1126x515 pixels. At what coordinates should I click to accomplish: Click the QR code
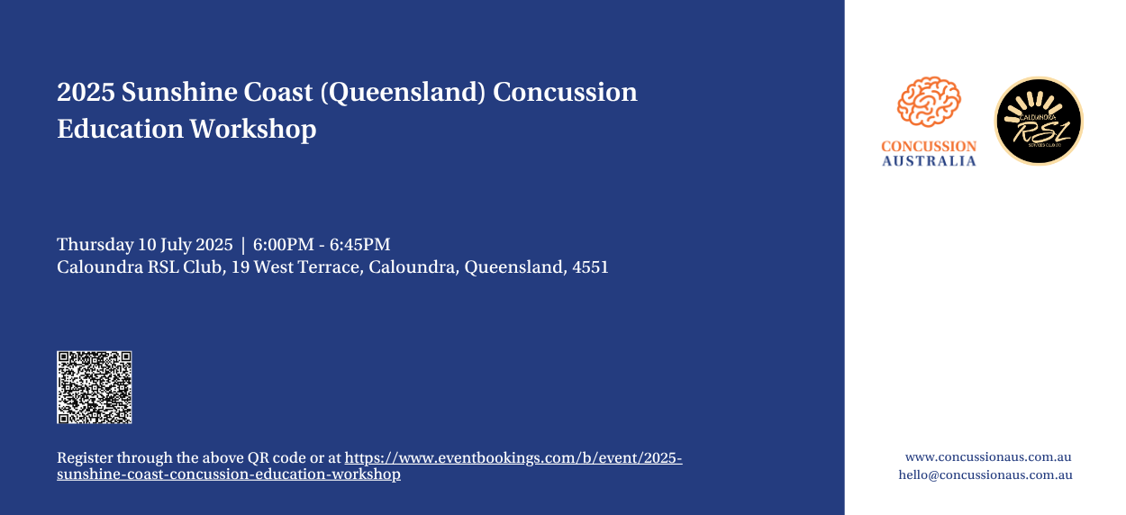pos(94,387)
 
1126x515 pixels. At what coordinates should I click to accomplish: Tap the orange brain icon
pos(929,102)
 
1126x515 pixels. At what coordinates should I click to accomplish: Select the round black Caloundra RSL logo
pos(1039,121)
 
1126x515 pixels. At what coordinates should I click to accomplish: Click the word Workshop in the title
pos(253,129)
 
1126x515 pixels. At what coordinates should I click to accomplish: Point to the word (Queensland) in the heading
pos(403,93)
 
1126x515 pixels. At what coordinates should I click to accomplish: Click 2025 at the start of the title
pos(86,92)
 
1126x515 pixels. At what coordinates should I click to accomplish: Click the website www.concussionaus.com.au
pos(988,457)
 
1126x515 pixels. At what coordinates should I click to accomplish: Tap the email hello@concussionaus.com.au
pos(985,474)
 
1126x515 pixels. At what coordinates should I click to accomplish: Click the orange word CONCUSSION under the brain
pos(929,146)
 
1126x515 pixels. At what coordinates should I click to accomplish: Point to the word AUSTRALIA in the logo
pos(929,161)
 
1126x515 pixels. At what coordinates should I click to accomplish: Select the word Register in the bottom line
pos(85,458)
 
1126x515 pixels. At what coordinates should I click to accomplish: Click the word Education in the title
pos(120,129)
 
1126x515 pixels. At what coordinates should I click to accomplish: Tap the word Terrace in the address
pos(331,267)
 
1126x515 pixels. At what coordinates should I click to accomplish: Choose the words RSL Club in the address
pos(185,267)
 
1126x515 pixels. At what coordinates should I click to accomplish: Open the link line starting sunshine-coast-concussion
pos(229,474)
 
